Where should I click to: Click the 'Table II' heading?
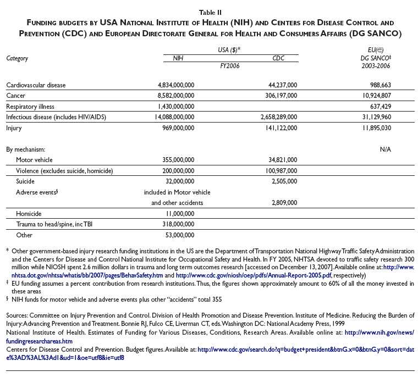[209, 7]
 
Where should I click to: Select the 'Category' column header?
[17, 58]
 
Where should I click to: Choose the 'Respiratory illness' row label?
[31, 106]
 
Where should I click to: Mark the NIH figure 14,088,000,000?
[172, 117]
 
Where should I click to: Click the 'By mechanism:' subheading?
[25, 149]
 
